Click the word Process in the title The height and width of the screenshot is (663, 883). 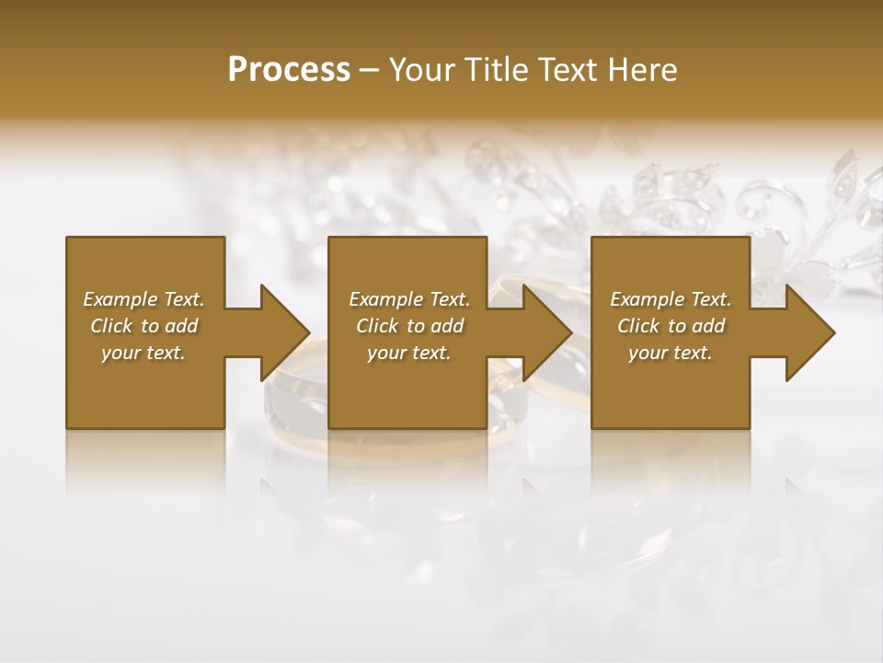point(289,70)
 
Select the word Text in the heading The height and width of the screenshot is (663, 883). point(568,70)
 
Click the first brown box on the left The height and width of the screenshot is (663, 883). point(145,387)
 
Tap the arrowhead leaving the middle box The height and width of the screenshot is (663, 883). point(546,332)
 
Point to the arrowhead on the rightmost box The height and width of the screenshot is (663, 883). point(808,332)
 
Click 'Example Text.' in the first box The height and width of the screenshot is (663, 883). point(143,299)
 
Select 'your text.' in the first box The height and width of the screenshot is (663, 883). point(143,353)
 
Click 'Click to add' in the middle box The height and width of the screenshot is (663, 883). point(409,326)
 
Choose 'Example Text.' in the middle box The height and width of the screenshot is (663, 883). point(409,299)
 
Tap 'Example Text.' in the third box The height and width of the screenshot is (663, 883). point(671,299)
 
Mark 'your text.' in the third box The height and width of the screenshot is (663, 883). point(671,353)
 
